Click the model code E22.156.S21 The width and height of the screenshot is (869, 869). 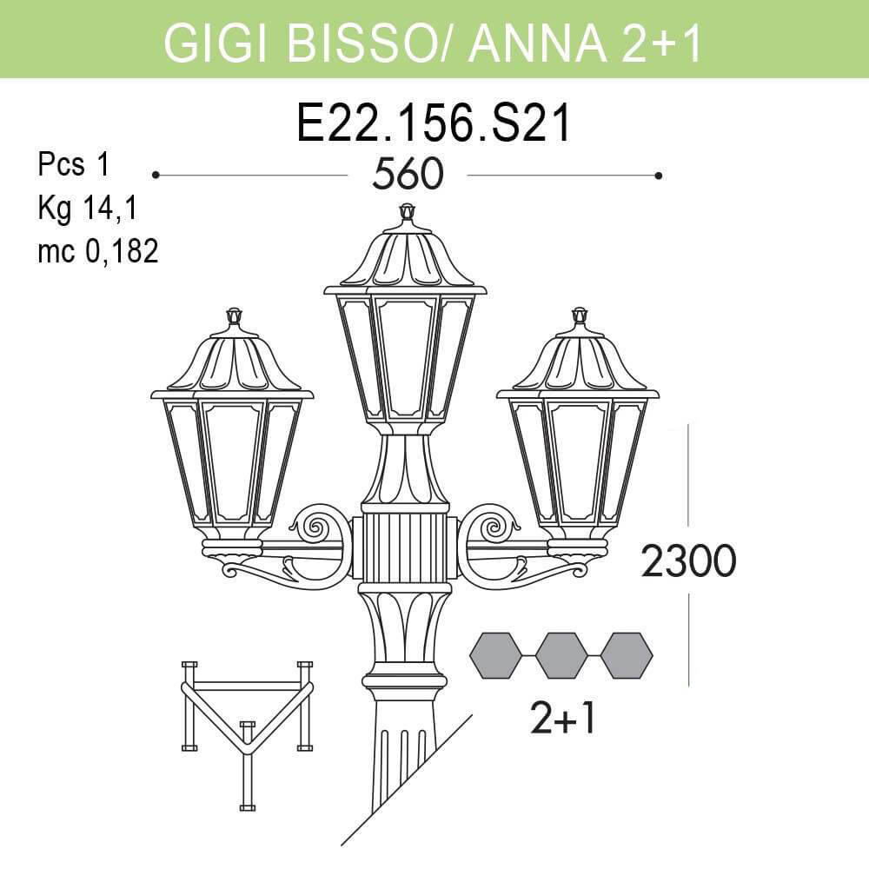click(434, 124)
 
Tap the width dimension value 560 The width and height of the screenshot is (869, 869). click(408, 176)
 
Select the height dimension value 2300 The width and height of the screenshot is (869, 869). click(688, 562)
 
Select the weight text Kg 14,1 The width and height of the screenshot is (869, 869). click(88, 209)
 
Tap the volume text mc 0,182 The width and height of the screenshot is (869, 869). click(97, 252)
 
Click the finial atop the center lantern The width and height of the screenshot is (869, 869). click(406, 213)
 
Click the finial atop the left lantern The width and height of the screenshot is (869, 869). click(233, 316)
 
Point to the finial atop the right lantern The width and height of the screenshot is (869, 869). click(579, 316)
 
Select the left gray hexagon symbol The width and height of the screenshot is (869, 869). click(495, 656)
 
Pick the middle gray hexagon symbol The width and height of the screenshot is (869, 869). click(561, 656)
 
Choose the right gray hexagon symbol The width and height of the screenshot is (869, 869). click(627, 656)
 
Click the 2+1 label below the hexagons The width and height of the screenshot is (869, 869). click(562, 719)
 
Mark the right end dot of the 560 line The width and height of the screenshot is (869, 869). click(659, 176)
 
